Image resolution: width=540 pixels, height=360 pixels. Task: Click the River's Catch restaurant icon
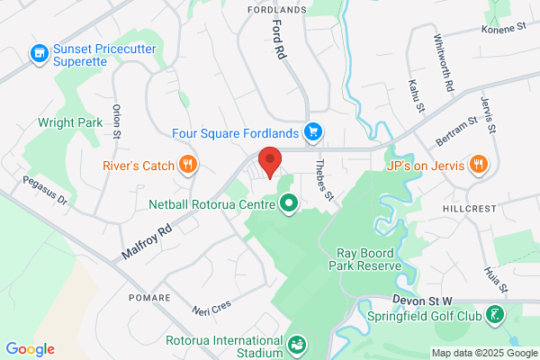pos(188,165)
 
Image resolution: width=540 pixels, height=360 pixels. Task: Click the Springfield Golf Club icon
pos(494,316)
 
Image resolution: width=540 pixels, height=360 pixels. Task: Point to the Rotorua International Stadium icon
pos(295,343)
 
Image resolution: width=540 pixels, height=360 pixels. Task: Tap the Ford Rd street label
pos(278,41)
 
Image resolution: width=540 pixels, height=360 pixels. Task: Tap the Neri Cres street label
pos(212,309)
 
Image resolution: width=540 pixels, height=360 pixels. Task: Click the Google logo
pos(30,349)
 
